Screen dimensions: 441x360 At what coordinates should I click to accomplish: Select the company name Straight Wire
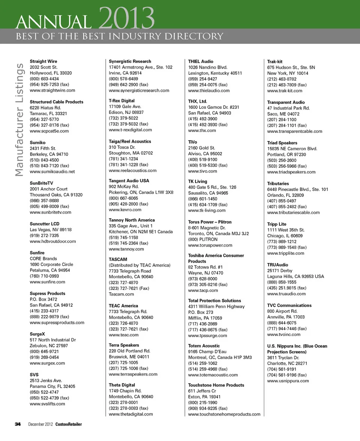(43, 61)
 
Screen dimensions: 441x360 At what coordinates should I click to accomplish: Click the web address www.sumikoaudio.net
(52, 172)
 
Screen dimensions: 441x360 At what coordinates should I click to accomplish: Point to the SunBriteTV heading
(41, 183)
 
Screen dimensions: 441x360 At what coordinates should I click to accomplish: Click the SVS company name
(34, 375)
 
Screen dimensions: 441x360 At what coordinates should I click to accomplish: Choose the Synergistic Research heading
(130, 61)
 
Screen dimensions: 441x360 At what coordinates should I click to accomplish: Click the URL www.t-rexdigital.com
(130, 130)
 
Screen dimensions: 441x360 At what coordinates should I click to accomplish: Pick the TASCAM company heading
(118, 259)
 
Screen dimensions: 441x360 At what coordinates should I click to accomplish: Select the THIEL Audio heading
(201, 61)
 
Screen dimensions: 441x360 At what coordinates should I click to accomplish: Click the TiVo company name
(192, 142)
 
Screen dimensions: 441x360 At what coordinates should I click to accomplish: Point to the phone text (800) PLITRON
(202, 239)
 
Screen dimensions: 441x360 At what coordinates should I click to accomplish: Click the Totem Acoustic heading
(204, 346)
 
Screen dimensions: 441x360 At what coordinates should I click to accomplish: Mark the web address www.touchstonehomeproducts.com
(224, 414)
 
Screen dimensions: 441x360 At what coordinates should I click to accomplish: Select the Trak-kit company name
(274, 61)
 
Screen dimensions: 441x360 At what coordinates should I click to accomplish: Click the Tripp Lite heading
(277, 224)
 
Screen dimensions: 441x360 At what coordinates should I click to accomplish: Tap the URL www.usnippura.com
(288, 381)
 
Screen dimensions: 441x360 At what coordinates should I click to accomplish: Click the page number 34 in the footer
(17, 424)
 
